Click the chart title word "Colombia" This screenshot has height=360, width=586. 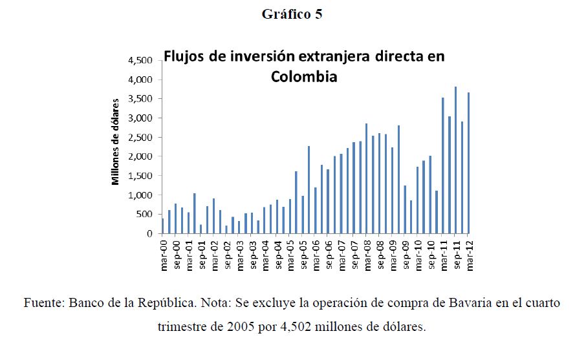(304, 76)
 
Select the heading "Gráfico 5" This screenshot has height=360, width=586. (292, 15)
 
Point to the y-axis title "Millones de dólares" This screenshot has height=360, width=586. (116, 142)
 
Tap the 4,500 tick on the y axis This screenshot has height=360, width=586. (141, 60)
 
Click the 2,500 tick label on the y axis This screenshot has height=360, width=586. (141, 137)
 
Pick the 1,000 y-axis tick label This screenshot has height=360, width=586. (141, 195)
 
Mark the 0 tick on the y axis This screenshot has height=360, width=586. (149, 233)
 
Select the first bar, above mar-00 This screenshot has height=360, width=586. (163, 226)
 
